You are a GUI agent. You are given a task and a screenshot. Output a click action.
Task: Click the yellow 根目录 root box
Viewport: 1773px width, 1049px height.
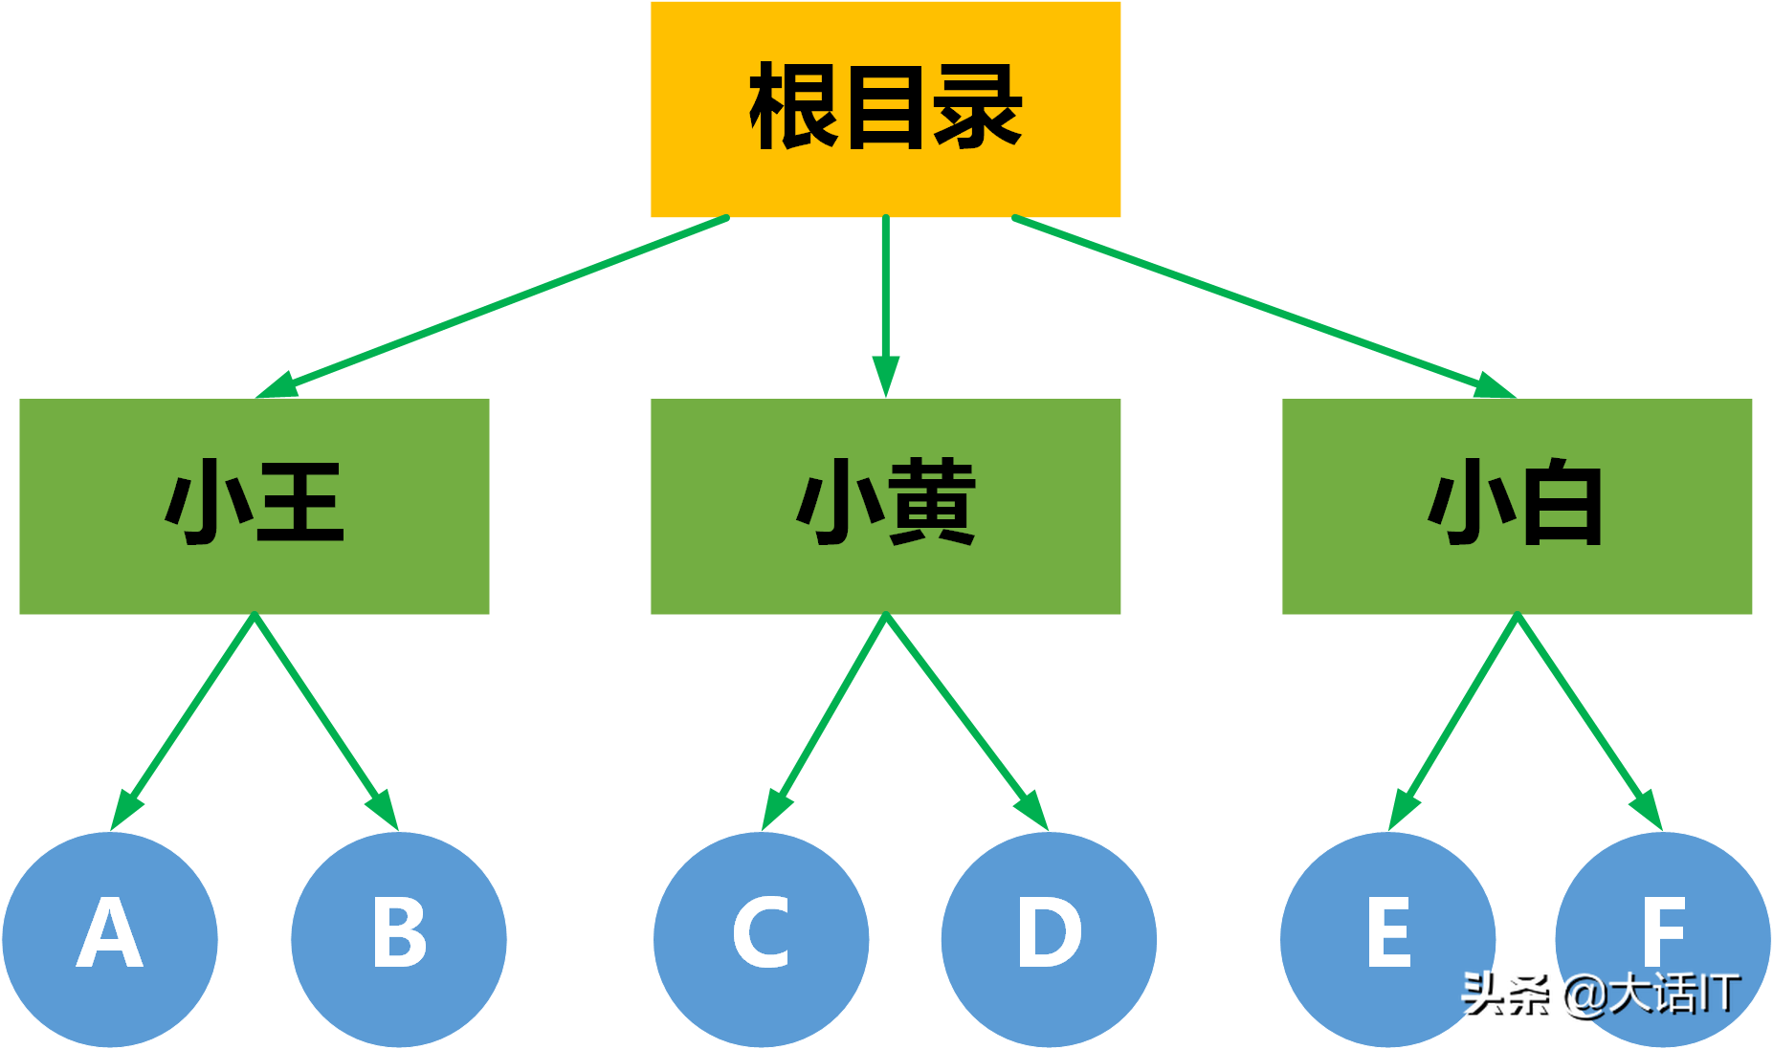tap(885, 109)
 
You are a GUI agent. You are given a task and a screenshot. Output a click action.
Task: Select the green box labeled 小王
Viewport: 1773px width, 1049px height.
tap(255, 506)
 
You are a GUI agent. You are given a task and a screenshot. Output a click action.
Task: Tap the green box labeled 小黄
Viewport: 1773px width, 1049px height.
tap(885, 506)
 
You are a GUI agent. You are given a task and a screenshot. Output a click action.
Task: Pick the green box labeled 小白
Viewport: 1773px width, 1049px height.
tap(1517, 506)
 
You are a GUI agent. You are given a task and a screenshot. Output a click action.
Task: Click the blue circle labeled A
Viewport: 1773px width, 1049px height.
tap(110, 938)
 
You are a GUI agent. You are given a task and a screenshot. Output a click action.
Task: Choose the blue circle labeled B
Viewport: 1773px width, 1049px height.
tap(399, 938)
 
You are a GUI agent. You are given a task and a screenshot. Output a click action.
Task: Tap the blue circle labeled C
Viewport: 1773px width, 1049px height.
tap(762, 938)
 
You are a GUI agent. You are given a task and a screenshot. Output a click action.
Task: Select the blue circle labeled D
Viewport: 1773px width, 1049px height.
tap(1049, 938)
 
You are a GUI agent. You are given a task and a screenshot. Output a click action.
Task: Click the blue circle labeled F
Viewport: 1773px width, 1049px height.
tap(1663, 918)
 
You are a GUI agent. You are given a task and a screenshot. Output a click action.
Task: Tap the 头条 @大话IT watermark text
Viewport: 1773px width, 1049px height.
tap(1600, 994)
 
